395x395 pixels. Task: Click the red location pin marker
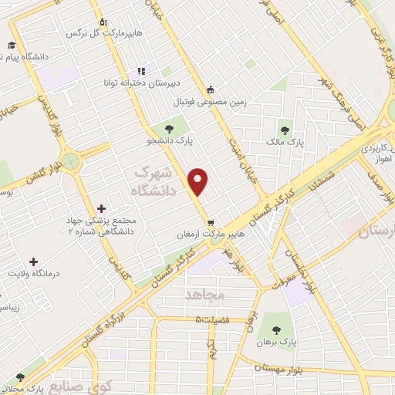(x=199, y=181)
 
